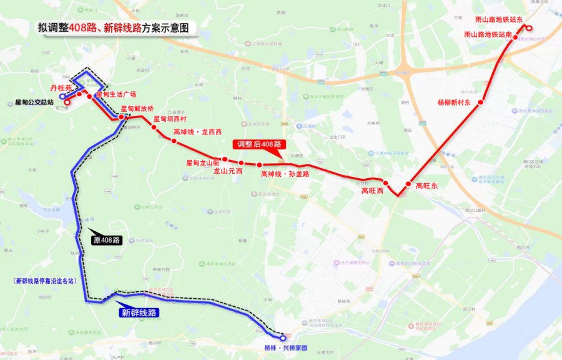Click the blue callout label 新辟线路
[139, 312]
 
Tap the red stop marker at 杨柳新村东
[481, 102]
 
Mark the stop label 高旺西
[372, 191]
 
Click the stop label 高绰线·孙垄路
[285, 174]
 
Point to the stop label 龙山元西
[228, 171]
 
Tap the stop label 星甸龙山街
[202, 162]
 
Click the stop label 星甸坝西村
[170, 119]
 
